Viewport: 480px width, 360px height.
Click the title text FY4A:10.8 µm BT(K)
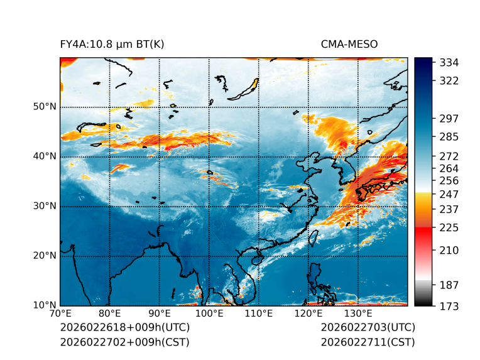click(x=112, y=44)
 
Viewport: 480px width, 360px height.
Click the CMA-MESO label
click(x=349, y=44)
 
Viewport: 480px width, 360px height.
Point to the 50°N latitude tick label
click(x=45, y=106)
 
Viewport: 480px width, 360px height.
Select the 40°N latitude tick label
click(x=45, y=156)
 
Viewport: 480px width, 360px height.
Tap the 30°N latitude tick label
click(x=45, y=205)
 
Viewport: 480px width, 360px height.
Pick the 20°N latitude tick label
click(x=45, y=256)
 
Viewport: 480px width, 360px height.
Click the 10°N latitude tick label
click(x=45, y=305)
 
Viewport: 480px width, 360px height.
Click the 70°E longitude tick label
click(x=60, y=314)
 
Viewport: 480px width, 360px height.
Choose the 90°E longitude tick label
click(x=159, y=314)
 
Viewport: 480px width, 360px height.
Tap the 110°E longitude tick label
click(x=258, y=314)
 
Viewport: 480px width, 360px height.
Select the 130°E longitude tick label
click(x=357, y=314)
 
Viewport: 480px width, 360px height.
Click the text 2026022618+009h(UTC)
click(x=124, y=327)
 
